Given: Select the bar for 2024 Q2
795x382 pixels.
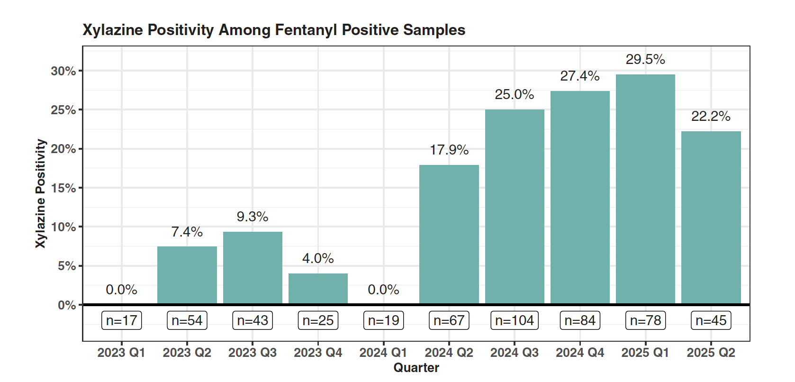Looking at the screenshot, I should click(449, 234).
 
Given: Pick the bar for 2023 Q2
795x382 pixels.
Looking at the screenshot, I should click(187, 275).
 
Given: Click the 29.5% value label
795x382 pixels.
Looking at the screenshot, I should click(645, 59).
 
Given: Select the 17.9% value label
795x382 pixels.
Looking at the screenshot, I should click(449, 150).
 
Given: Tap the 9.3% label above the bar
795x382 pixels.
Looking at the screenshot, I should click(253, 217).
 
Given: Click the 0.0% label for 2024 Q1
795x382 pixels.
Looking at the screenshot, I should click(383, 290).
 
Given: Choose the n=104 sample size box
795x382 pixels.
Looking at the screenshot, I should click(515, 320).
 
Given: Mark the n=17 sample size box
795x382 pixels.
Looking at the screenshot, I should click(121, 320).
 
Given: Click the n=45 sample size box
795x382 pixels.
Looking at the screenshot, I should click(711, 320).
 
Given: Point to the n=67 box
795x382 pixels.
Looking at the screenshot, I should click(449, 320).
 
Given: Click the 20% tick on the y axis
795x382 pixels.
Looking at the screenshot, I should click(63, 149).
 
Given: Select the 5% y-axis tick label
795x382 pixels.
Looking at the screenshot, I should click(67, 266).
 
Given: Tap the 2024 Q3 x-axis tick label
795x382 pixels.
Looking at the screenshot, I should click(515, 353).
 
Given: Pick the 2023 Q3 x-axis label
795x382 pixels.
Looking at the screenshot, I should click(253, 353).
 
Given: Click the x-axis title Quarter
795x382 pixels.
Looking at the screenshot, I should click(416, 368).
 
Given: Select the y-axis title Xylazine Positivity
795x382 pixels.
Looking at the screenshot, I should click(41, 193).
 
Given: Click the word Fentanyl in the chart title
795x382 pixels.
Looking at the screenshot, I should click(307, 30).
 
